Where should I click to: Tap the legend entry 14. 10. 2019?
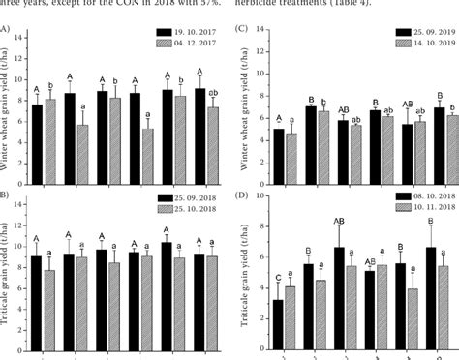coord(420,45)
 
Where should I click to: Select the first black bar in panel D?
coord(278,323)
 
